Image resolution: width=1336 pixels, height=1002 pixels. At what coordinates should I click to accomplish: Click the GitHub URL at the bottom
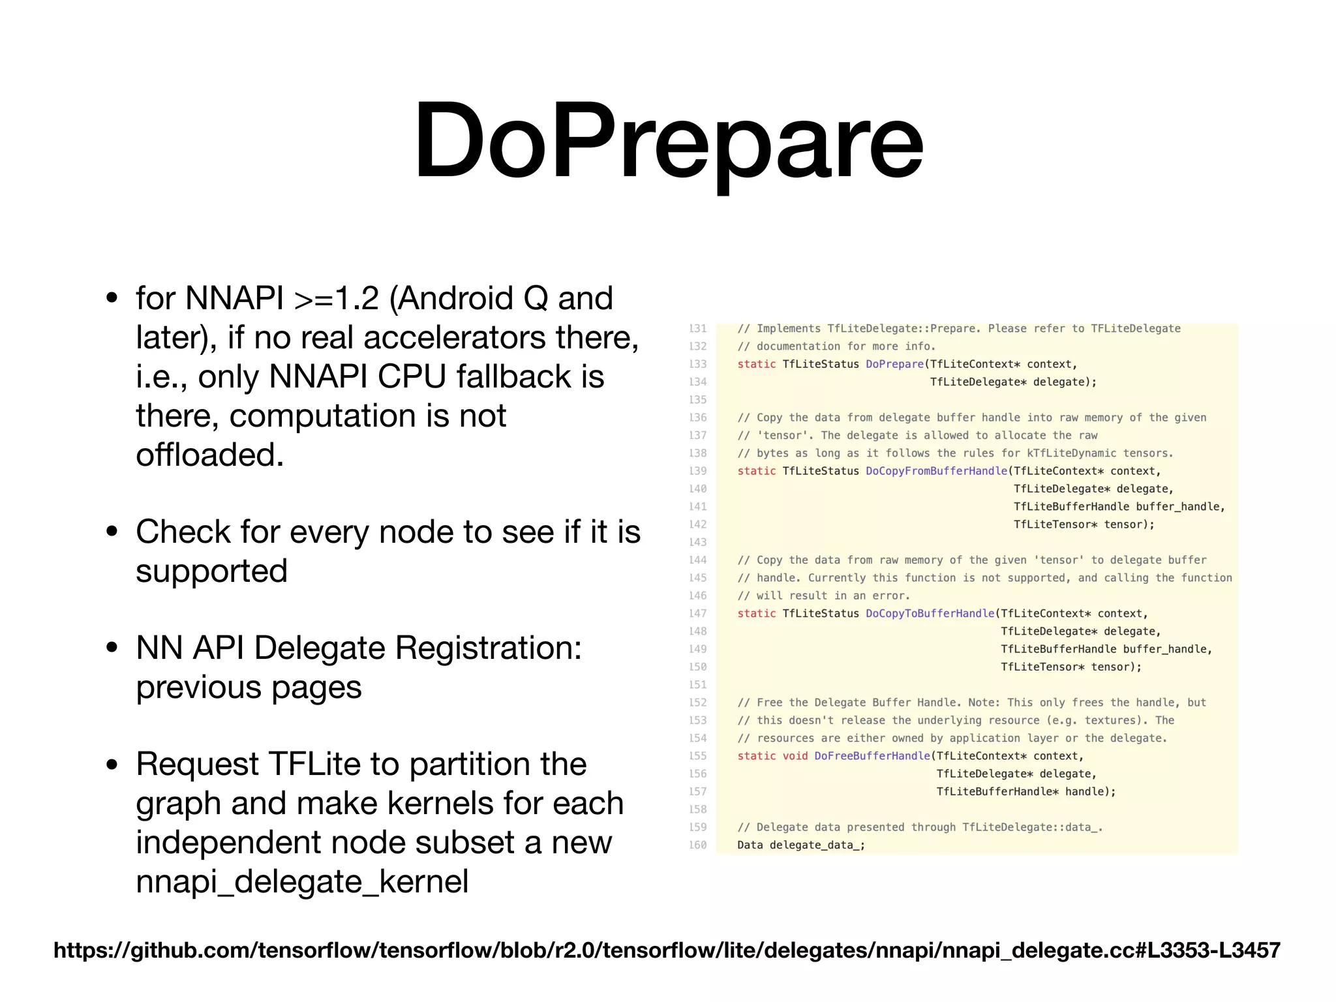(x=667, y=950)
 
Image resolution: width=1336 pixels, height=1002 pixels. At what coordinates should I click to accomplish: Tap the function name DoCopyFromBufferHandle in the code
(x=936, y=471)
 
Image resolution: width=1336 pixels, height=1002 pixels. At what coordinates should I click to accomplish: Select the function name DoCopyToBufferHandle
(x=930, y=613)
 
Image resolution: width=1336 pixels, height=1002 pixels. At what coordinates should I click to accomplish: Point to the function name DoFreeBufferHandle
(x=872, y=755)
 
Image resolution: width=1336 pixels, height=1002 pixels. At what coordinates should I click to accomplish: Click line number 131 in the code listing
(x=697, y=328)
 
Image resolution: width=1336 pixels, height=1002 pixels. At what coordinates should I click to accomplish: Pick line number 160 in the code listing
(x=697, y=845)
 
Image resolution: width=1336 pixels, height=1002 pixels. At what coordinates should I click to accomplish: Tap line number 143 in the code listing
(x=697, y=542)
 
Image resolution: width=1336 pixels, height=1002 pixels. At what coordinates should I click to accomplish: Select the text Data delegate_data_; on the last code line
(x=801, y=845)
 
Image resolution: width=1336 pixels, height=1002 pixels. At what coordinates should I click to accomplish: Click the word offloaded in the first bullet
(x=209, y=455)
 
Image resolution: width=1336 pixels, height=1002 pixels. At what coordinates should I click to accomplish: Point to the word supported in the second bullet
(x=211, y=571)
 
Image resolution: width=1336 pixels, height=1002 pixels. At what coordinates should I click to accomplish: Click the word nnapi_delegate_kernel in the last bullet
(x=302, y=881)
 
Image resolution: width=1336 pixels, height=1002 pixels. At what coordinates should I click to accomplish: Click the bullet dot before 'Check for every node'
(x=112, y=531)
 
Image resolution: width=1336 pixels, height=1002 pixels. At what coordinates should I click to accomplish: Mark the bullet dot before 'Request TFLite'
(x=112, y=764)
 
